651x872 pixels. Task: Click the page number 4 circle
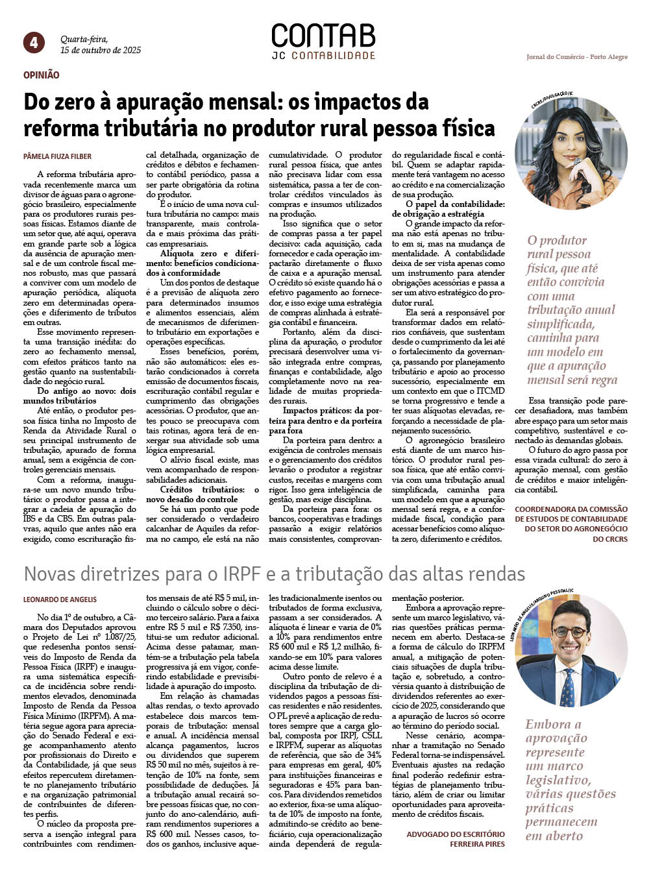[34, 43]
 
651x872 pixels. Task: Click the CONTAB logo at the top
[323, 36]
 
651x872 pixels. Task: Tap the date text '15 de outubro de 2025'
[101, 50]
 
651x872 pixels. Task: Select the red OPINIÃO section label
[42, 75]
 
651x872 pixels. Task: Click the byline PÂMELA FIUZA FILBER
[57, 156]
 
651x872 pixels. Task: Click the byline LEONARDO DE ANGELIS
[60, 599]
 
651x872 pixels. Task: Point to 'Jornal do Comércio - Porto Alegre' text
[576, 57]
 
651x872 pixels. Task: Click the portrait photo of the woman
[571, 153]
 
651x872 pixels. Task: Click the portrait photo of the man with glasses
[572, 651]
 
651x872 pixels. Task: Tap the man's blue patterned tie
[568, 688]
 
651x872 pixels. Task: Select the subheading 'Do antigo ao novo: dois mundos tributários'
[86, 396]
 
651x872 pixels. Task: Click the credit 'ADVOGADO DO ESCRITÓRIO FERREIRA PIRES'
[456, 839]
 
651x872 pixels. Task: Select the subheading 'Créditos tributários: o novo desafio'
[202, 494]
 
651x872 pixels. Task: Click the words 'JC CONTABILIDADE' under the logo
[323, 56]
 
